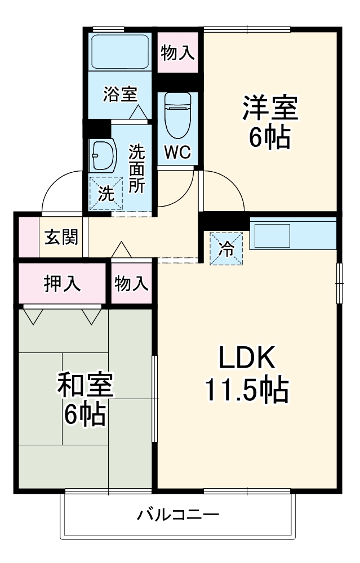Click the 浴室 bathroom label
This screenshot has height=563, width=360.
coord(120,94)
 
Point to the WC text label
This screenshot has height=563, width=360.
coord(177,152)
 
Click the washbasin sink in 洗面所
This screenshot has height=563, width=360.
coord(103,155)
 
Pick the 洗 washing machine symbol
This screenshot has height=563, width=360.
coord(106,193)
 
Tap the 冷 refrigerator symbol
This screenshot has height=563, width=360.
coord(228,248)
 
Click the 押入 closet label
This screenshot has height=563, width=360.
coord(62,283)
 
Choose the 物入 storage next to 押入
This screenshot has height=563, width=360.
coord(132,283)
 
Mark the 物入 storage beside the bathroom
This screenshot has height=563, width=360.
coord(178,53)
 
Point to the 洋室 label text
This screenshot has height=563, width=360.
coord(270,108)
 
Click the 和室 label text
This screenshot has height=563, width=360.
coord(85,385)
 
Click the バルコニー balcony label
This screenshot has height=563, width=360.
coord(178,515)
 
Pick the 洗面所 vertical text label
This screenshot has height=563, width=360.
coord(136,169)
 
